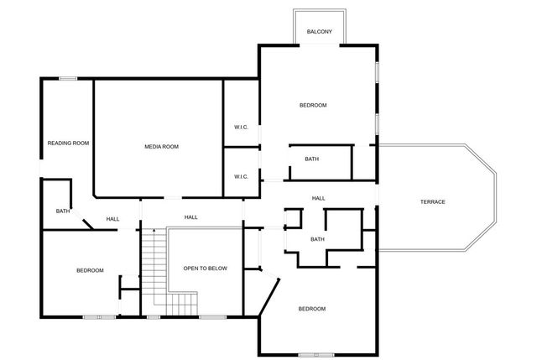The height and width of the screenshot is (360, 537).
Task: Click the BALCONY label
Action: [319, 32]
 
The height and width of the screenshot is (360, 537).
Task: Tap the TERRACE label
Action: [433, 201]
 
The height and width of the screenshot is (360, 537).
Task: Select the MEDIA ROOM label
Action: [161, 147]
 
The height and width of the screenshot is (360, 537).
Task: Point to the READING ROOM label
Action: [68, 143]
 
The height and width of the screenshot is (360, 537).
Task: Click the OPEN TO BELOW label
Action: [206, 268]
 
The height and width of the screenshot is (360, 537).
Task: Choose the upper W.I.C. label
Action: [241, 128]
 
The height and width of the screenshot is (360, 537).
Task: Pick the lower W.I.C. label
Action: [241, 176]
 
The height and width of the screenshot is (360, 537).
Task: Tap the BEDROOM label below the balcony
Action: [312, 105]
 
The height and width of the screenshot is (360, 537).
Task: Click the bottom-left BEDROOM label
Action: [90, 270]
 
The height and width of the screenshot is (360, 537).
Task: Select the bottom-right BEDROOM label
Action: [311, 309]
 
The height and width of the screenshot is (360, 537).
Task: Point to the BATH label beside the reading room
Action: [62, 211]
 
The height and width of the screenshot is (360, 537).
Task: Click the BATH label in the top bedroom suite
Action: [311, 159]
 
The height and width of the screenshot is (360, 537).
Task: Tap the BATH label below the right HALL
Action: [317, 239]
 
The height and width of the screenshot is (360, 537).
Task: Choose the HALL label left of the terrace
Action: [319, 198]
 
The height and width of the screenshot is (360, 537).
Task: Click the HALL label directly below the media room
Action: [191, 217]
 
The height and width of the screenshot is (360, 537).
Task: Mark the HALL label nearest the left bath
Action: [112, 220]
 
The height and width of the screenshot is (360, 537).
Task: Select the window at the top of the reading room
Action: [68, 79]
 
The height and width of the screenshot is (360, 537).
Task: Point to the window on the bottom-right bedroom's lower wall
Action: [316, 354]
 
